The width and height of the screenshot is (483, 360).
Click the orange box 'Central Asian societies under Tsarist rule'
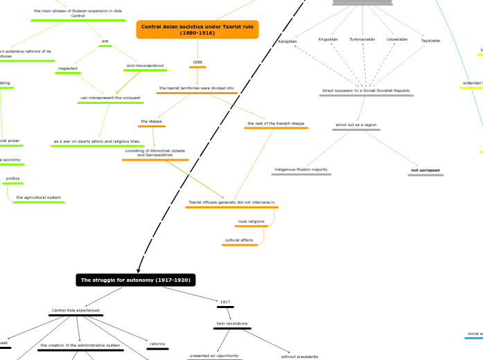(x=197, y=29)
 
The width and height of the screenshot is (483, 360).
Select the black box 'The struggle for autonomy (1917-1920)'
(x=136, y=280)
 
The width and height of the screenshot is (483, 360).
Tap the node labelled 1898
(x=197, y=62)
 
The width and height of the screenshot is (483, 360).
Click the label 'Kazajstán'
(x=287, y=41)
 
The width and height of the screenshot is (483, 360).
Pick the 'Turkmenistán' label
(x=362, y=39)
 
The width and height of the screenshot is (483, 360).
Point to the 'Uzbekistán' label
(x=397, y=39)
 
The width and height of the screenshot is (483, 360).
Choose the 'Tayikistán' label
(x=430, y=41)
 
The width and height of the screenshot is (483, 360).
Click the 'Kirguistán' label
(x=328, y=39)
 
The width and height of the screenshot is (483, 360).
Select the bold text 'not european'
(x=425, y=170)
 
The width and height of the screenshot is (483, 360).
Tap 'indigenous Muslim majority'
(x=301, y=169)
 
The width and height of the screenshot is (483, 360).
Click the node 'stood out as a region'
(x=355, y=125)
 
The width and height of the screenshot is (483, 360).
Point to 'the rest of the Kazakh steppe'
(x=275, y=124)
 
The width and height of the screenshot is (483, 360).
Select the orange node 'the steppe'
(x=151, y=121)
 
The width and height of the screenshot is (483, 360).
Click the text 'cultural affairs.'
(x=239, y=240)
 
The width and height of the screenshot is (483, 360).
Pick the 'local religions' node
(x=252, y=222)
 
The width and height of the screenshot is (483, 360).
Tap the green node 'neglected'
(x=68, y=68)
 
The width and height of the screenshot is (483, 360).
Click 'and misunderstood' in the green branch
(x=145, y=66)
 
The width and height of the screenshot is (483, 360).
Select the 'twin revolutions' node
(x=232, y=323)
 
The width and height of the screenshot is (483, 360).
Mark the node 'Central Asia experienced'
(x=76, y=310)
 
